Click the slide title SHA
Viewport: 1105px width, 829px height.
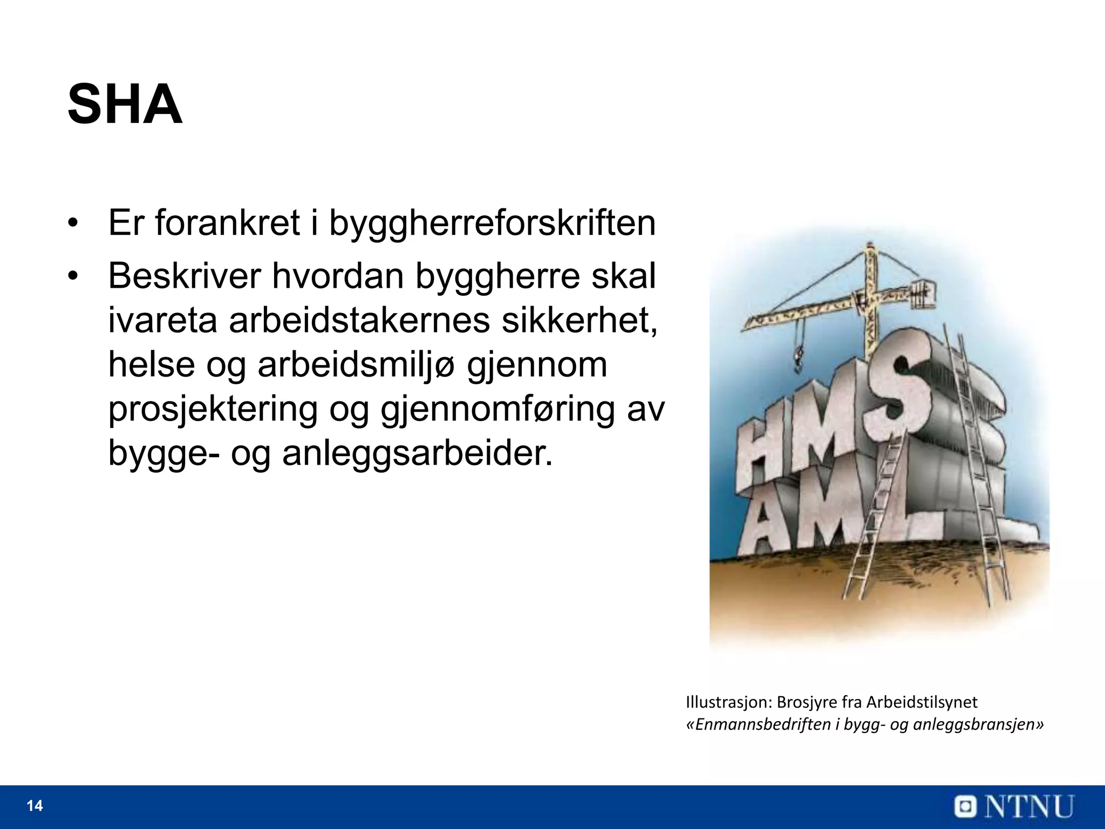pos(125,105)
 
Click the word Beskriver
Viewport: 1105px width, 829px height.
pos(183,276)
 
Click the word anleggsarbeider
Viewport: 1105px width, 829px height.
pos(418,454)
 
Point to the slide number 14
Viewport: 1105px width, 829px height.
pos(35,806)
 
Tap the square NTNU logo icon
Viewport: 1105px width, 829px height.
pos(967,807)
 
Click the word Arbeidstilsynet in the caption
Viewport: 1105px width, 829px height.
pos(922,702)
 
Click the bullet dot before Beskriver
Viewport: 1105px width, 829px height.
pos(73,277)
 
